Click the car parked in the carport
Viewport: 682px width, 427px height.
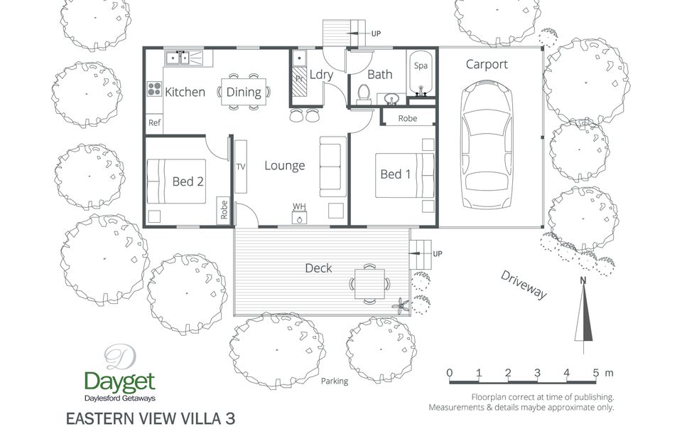tap(487, 146)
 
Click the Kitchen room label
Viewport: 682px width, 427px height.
tap(185, 92)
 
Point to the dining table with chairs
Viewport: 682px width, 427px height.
tap(244, 91)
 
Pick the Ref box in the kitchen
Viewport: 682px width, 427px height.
tap(154, 123)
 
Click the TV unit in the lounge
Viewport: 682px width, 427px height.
tap(240, 166)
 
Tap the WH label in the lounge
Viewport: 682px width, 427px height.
tap(299, 206)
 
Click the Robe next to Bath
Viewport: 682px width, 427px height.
tap(407, 118)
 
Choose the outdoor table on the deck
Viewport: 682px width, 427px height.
tap(369, 283)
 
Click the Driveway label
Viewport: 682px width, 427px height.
tap(523, 285)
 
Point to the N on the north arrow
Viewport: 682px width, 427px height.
tap(583, 280)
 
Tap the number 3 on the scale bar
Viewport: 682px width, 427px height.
tap(537, 372)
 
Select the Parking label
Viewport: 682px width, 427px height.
tap(335, 381)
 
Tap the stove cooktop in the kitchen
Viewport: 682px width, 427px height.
tap(154, 90)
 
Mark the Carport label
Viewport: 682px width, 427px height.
tap(487, 64)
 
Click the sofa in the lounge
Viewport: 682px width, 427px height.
tap(332, 163)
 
